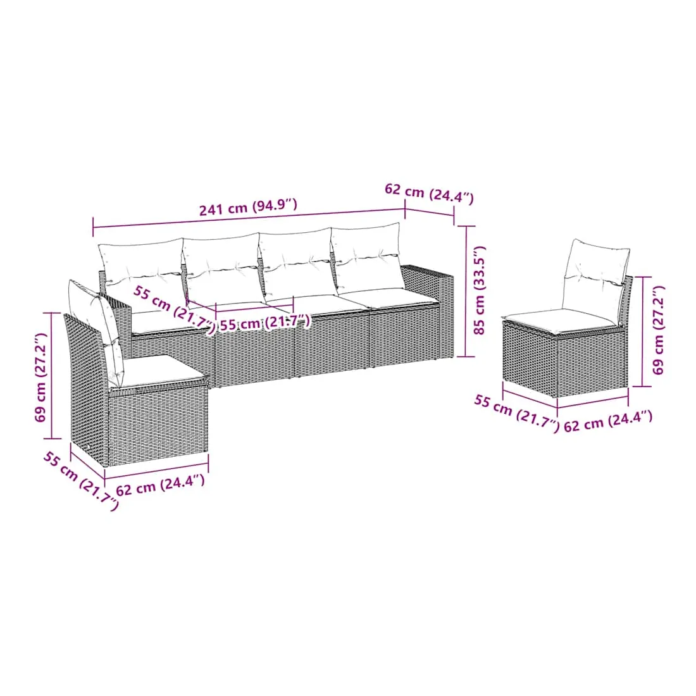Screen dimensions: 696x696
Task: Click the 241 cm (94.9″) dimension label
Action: point(248,207)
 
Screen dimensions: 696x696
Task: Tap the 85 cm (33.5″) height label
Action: point(480,290)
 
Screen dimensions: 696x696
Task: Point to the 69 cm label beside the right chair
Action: point(658,330)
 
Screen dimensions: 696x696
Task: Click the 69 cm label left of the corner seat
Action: point(41,377)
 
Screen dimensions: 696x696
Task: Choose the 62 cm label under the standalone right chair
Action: point(608,421)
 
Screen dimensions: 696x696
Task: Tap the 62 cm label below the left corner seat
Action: point(160,485)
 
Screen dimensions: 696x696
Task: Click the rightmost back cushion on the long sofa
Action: point(367,259)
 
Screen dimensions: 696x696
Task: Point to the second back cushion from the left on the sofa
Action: point(222,268)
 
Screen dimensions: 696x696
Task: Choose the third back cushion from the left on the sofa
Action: point(297,264)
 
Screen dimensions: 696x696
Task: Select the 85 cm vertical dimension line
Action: point(466,291)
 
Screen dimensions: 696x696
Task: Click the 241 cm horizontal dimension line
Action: point(249,220)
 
